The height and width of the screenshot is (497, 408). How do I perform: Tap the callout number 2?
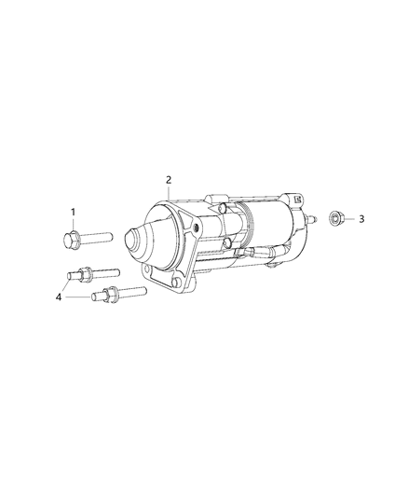[169, 179]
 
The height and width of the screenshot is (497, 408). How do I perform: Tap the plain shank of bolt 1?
[98, 238]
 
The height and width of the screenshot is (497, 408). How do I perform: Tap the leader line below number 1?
[72, 225]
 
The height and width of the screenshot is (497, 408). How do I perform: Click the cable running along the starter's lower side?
[256, 254]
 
